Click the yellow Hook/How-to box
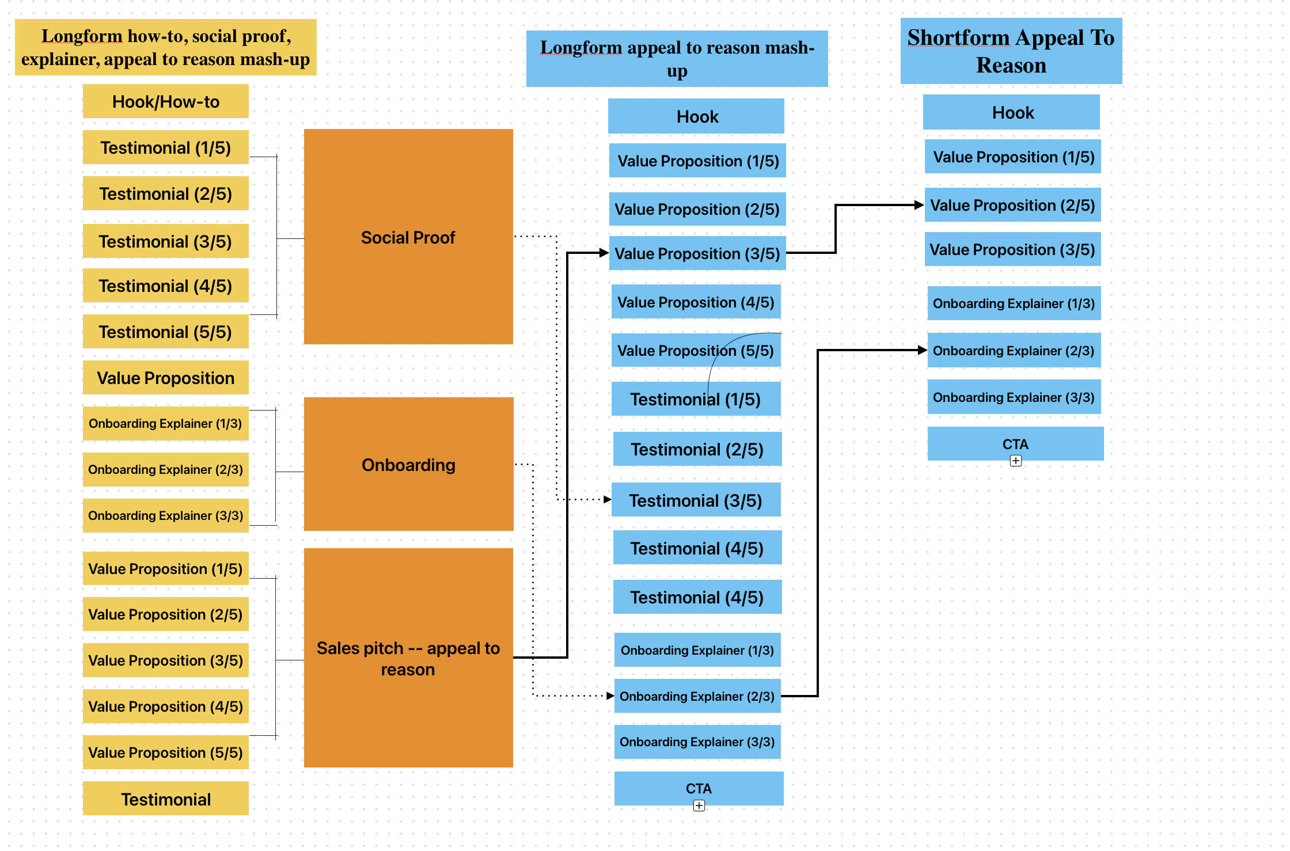tap(166, 101)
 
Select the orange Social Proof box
tap(408, 237)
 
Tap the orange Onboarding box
tap(408, 464)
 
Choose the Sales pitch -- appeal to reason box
tap(408, 658)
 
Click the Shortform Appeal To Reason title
tap(1011, 51)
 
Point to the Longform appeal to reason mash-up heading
tap(677, 59)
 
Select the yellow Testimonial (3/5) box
tap(166, 241)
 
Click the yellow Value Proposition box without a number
tap(166, 378)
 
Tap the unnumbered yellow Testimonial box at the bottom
tap(166, 799)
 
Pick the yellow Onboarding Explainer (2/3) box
tap(166, 469)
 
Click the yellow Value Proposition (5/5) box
tap(166, 752)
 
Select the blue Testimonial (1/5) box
tap(696, 399)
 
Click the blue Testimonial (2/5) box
tap(697, 449)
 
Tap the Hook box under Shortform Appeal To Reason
tap(1011, 112)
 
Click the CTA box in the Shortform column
tap(1015, 443)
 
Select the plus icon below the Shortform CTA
tap(1016, 461)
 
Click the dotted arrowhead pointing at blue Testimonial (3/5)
tap(608, 499)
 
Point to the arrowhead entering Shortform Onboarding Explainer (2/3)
tap(923, 349)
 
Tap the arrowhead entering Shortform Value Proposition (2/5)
tap(920, 204)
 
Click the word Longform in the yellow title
tap(82, 36)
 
